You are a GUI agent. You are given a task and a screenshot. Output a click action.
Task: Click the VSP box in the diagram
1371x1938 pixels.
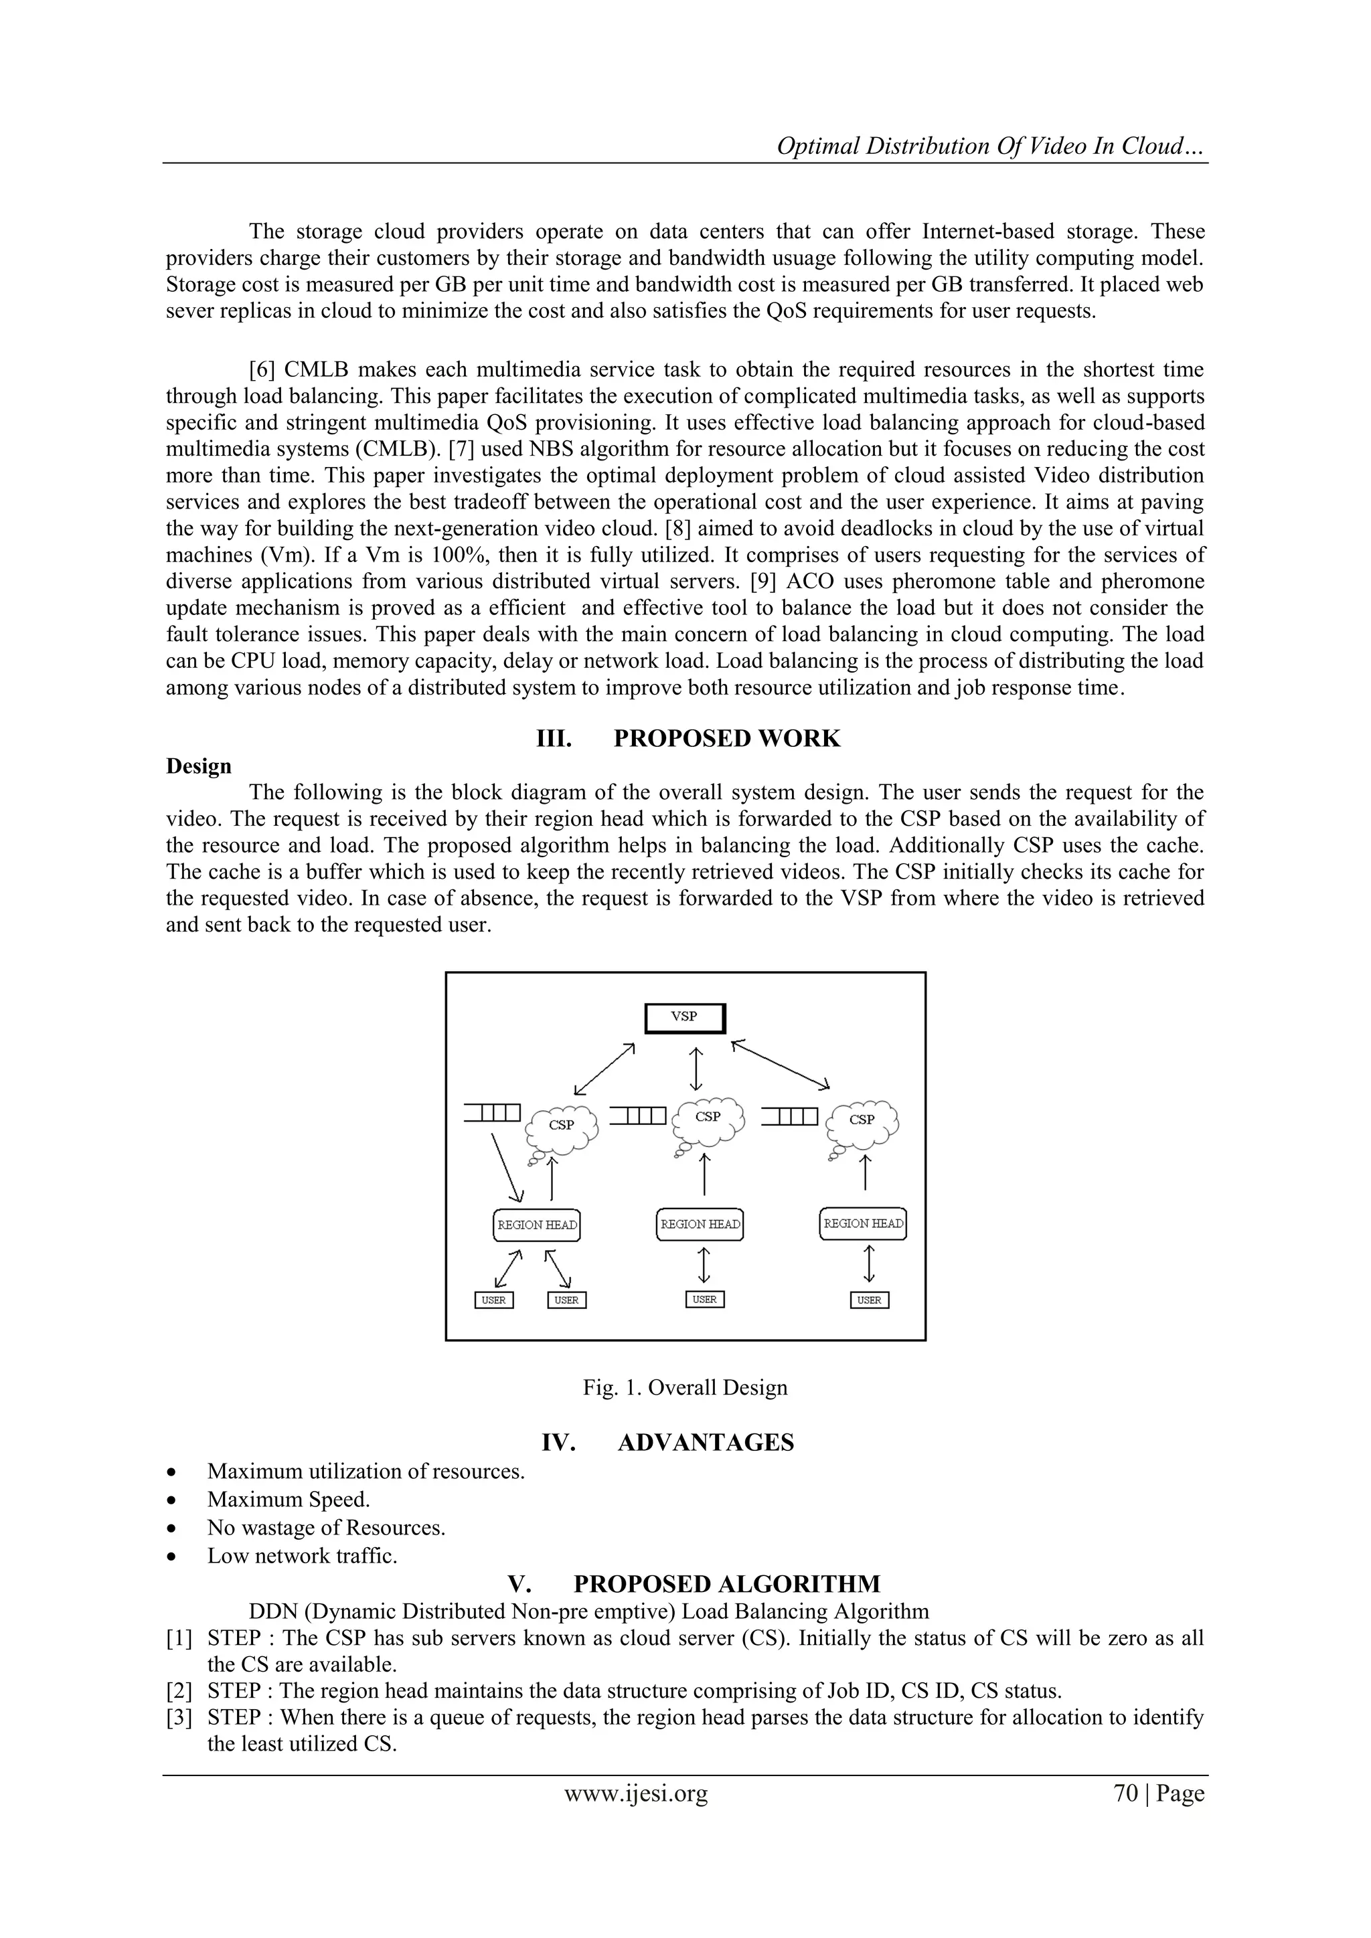coord(685,1018)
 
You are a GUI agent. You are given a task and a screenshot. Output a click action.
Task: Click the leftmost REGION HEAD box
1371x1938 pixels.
coord(537,1225)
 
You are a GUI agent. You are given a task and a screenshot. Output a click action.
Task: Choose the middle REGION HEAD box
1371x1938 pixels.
coord(700,1224)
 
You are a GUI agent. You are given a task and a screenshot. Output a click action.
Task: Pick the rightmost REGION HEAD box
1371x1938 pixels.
coord(863,1223)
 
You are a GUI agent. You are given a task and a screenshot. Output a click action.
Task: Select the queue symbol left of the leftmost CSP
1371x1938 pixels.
coord(492,1114)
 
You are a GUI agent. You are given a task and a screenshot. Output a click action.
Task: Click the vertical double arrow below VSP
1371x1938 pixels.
coord(696,1069)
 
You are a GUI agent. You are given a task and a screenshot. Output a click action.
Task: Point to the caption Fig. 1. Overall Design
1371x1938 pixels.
coord(685,1388)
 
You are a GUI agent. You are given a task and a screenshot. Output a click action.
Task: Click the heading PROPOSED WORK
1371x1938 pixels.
coord(727,739)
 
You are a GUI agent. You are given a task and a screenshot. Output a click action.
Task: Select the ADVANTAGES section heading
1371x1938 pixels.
coord(706,1443)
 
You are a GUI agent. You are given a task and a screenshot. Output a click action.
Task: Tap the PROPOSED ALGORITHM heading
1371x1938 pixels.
coord(726,1583)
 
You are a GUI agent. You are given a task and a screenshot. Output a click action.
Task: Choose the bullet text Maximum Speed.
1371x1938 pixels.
coord(289,1500)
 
